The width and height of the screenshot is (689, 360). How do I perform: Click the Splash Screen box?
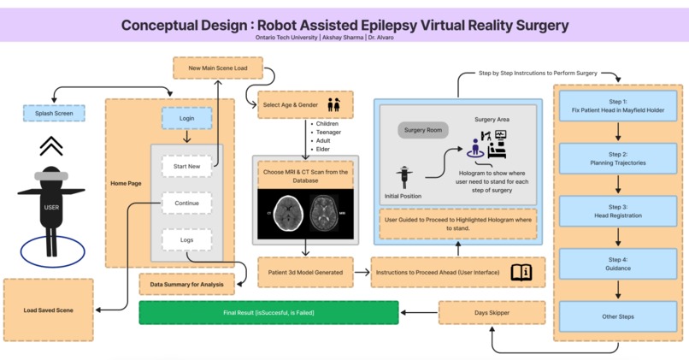tap(54, 113)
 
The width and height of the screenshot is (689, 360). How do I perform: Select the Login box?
tap(186, 120)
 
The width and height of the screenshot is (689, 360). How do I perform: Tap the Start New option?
tap(186, 166)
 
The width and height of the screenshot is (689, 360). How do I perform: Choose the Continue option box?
tap(186, 204)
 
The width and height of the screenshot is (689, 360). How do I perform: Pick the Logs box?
tap(186, 240)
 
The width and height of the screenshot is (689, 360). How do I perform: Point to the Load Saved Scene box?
tap(49, 310)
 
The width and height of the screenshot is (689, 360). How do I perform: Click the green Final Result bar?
tap(268, 313)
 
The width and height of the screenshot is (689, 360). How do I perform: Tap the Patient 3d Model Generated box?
tap(306, 273)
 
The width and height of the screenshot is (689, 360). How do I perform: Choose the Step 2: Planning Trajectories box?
tap(617, 157)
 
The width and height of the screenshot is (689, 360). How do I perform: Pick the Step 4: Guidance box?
tap(617, 263)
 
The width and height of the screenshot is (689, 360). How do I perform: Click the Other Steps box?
tap(617, 317)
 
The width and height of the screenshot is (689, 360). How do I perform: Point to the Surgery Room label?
tap(424, 131)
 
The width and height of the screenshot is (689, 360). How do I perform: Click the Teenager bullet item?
tap(329, 133)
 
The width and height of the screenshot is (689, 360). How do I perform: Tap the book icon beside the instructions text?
tap(521, 273)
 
